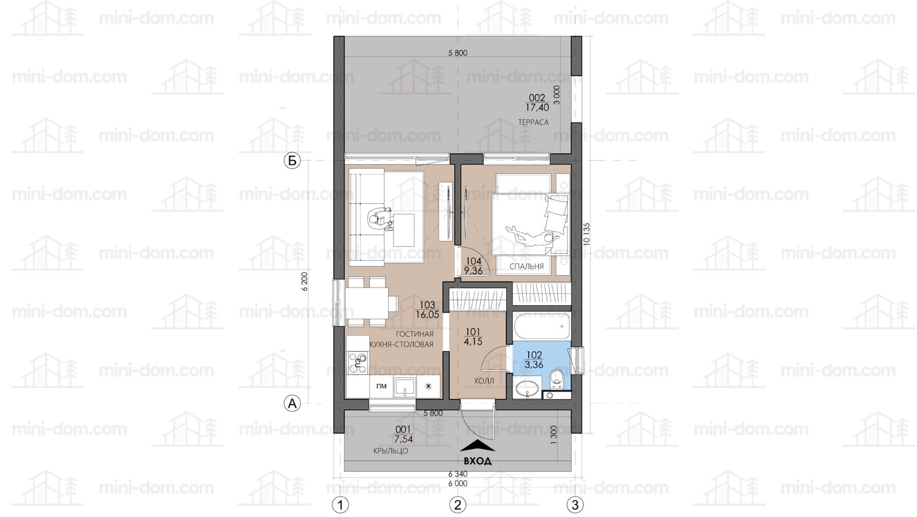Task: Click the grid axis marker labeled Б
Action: coord(292,161)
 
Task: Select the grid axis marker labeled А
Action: coord(292,403)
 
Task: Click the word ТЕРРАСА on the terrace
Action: coord(533,122)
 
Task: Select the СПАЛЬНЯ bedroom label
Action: coord(527,266)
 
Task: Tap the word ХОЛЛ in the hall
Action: coord(484,381)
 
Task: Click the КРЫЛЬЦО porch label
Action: coord(391,451)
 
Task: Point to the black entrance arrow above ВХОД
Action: coord(477,446)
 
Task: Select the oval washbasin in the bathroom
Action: coord(527,387)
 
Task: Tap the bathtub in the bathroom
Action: coord(542,327)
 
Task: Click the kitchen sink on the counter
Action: coord(404,387)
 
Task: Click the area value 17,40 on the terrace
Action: coord(537,108)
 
